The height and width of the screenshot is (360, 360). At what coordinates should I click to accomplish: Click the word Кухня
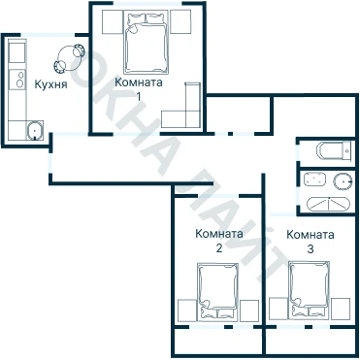coord(50,84)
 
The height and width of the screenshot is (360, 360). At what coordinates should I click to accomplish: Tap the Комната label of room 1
coord(139,82)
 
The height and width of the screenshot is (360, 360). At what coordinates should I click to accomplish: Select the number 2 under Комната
coord(219,248)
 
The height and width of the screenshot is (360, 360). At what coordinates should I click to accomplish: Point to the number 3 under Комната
coord(311,249)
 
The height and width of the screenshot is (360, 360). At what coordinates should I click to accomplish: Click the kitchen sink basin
coord(35,130)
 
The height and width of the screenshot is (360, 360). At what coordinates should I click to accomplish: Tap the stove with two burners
coord(17,80)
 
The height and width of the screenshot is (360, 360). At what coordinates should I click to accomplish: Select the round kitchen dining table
coord(69,58)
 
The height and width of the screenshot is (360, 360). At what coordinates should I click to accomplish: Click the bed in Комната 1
coord(147,43)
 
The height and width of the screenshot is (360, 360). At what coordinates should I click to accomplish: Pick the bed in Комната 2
coord(217,292)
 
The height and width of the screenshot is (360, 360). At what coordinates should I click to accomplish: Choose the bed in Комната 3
coord(309,290)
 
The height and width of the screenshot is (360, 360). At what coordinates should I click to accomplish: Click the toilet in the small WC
coord(335,150)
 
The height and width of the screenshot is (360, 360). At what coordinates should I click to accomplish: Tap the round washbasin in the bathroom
coord(343,181)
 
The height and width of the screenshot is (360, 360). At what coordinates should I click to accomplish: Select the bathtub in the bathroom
coord(328,204)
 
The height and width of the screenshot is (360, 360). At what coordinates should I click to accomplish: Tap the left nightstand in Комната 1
coord(113,21)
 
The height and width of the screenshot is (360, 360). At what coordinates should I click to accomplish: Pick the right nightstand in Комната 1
coord(180,21)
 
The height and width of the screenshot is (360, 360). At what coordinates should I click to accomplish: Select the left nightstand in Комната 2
coord(187,311)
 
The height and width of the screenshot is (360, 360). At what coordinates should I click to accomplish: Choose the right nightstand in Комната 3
coord(341,309)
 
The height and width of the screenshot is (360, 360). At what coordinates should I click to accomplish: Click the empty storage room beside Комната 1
coord(239,114)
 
